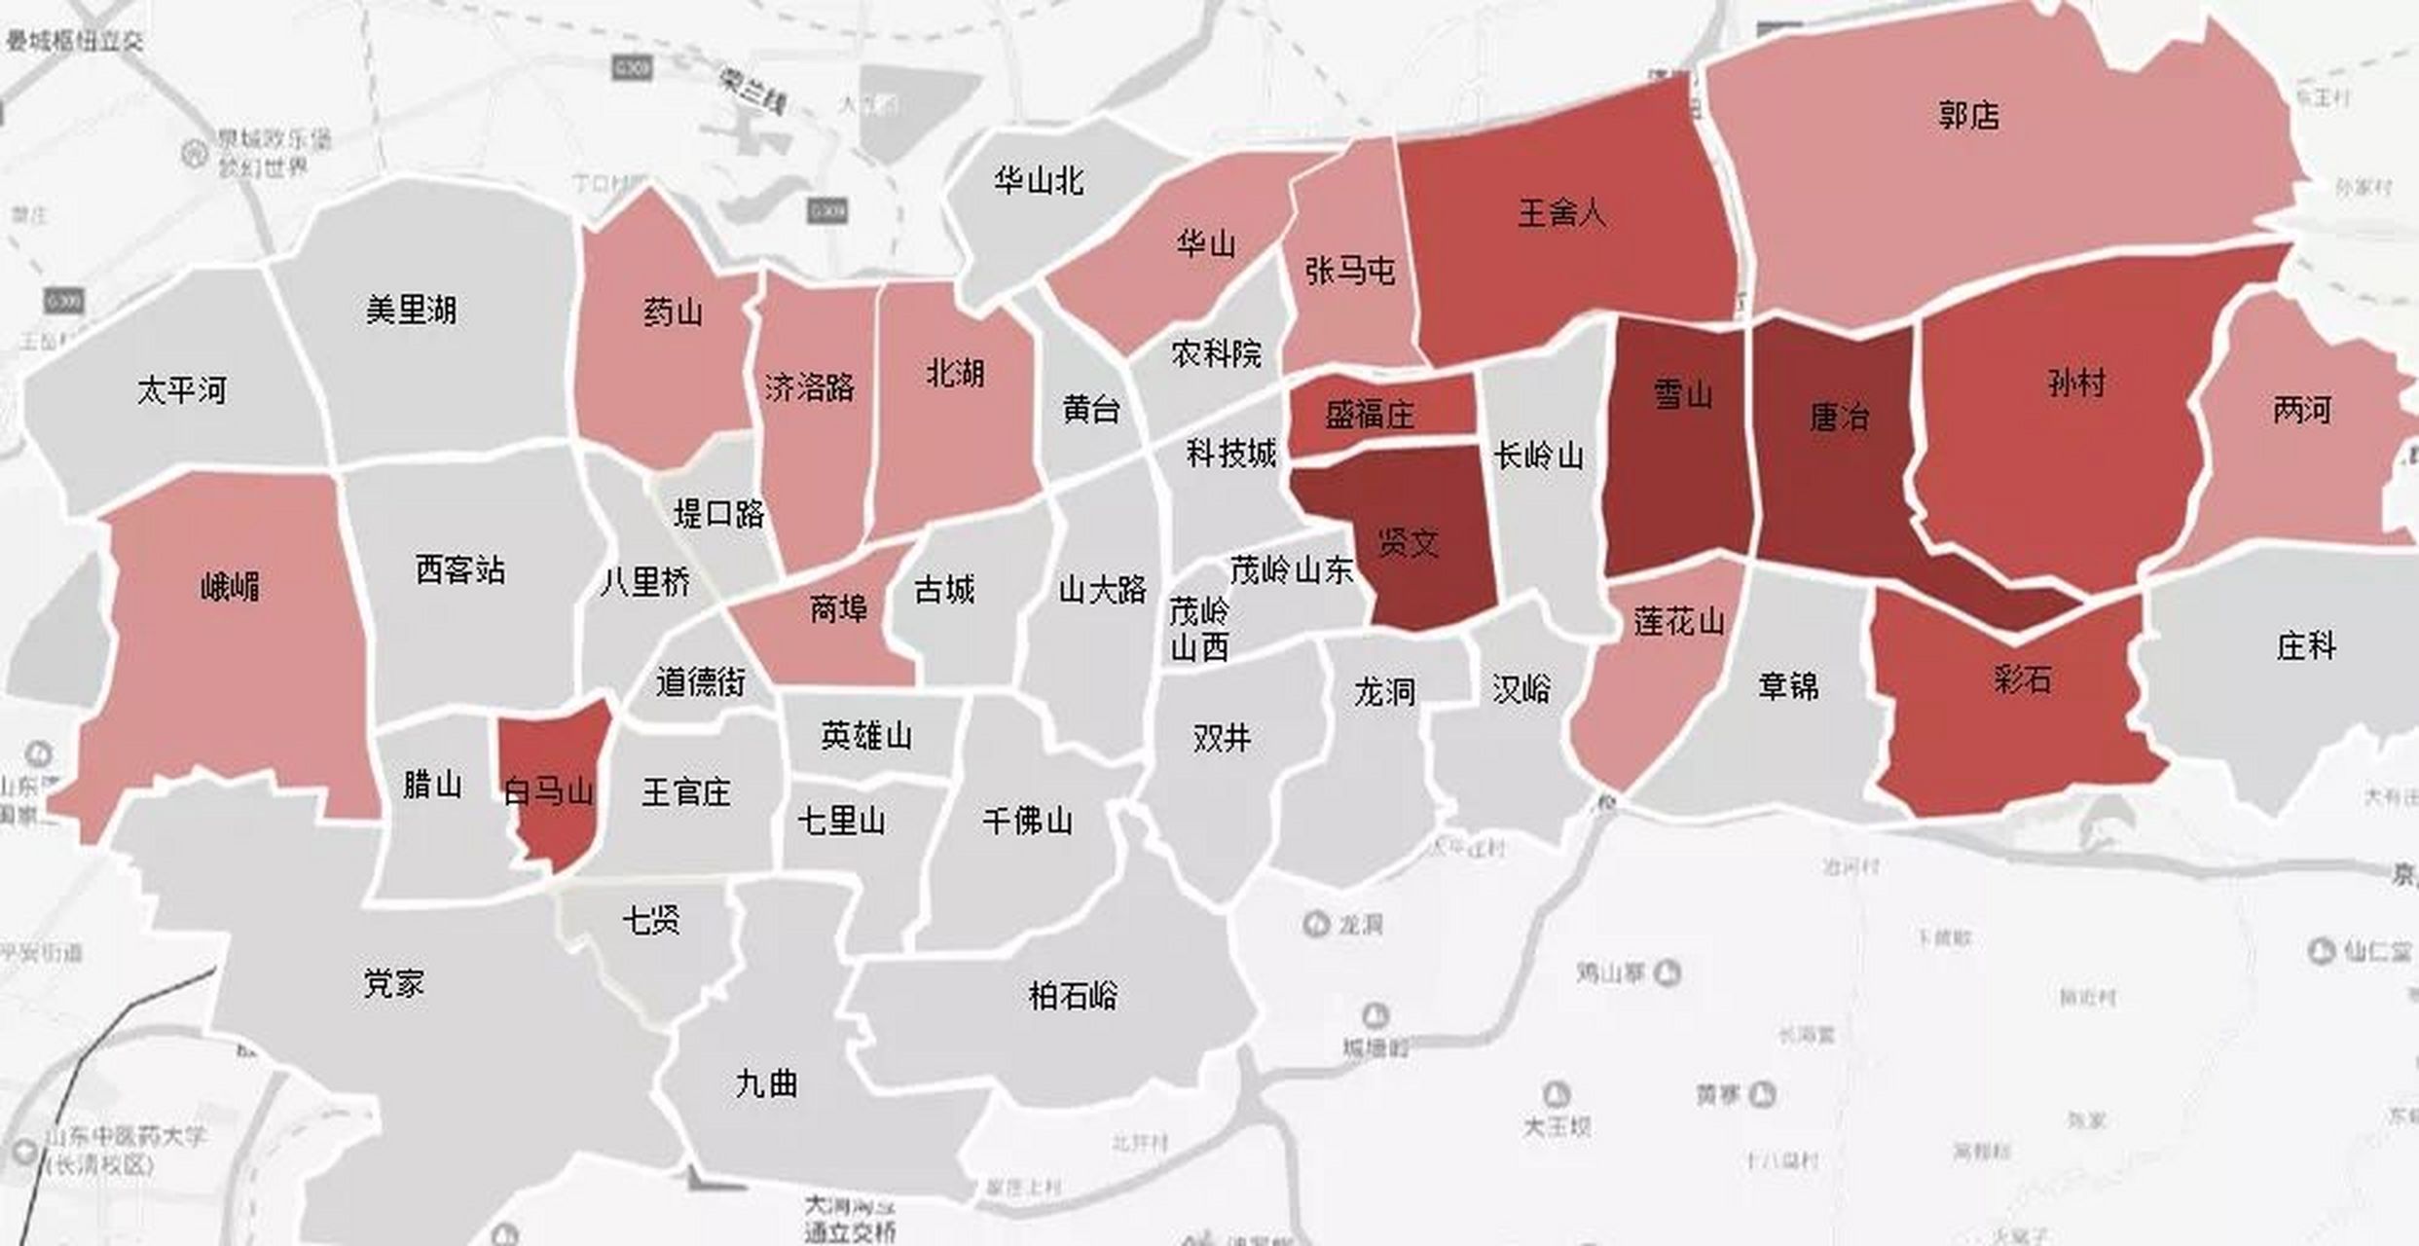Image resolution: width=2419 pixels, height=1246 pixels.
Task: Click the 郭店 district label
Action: pos(1968,116)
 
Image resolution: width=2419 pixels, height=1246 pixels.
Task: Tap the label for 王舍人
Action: pos(1561,213)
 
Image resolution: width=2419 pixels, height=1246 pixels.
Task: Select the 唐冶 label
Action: pos(1839,418)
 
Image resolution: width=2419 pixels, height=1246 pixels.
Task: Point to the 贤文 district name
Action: pos(1408,543)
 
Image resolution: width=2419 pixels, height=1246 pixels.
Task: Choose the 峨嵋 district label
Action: pos(230,587)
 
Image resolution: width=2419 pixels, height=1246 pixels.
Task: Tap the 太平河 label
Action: pos(182,391)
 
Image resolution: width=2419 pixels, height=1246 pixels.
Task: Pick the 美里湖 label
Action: pos(411,311)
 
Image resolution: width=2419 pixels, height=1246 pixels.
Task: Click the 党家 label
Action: pos(393,984)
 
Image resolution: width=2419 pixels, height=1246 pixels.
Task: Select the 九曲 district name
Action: pos(766,1083)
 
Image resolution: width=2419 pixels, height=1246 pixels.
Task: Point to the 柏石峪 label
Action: pos(1073,996)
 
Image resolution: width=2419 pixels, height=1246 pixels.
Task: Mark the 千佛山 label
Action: pos(1027,822)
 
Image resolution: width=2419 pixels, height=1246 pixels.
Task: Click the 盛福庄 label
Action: pos(1370,416)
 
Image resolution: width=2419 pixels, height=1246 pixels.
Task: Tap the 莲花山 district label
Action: pos(1679,621)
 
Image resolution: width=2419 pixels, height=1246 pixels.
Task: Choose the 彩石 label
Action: pos(2022,678)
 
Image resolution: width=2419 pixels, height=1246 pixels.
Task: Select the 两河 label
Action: pos(2302,410)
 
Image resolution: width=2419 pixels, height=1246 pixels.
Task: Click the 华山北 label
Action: pos(1039,181)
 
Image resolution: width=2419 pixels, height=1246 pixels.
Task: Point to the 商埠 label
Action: pos(838,609)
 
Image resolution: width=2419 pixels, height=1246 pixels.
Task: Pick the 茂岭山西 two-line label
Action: pos(1199,631)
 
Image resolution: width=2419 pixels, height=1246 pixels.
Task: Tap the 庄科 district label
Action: pos(2306,645)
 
